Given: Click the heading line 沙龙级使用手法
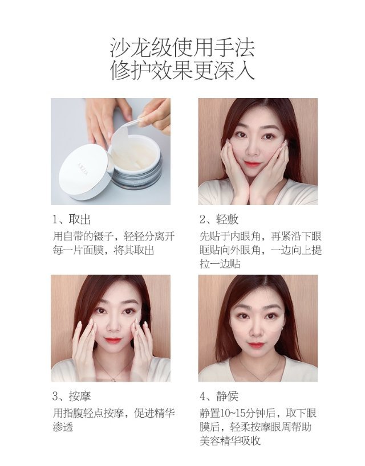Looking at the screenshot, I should pyautogui.click(x=182, y=47).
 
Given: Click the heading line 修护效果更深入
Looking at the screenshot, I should pyautogui.click(x=182, y=71).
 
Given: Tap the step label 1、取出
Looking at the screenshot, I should pyautogui.click(x=71, y=220).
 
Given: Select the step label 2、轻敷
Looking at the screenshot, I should pyautogui.click(x=219, y=220).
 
